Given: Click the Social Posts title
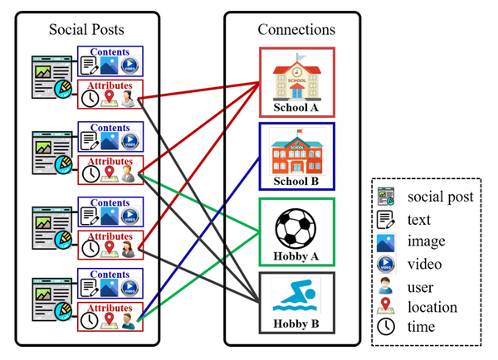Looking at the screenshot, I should [85, 29].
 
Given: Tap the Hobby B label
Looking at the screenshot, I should [296, 325].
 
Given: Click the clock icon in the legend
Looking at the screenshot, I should [387, 328].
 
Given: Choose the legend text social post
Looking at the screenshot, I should [441, 197].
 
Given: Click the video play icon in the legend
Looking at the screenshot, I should [387, 263].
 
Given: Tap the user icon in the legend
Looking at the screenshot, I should [387, 285].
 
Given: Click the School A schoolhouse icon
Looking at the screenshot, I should [296, 76].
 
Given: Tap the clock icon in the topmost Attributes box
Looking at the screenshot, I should [90, 100].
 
